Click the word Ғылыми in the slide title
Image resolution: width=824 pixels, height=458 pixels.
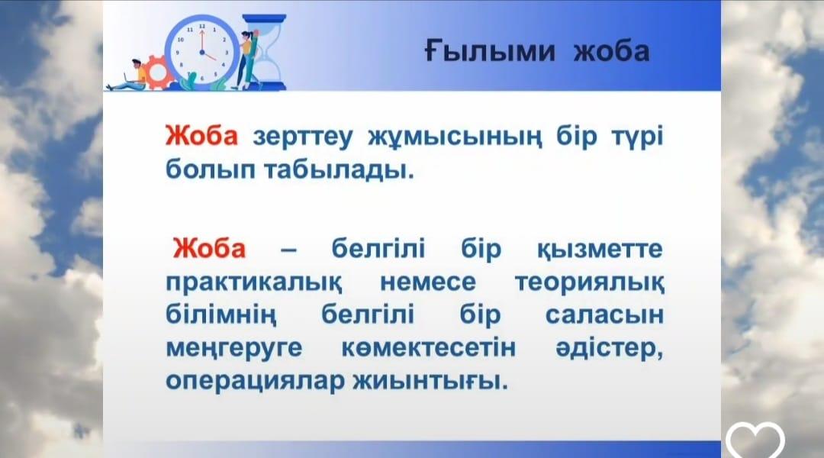(x=489, y=52)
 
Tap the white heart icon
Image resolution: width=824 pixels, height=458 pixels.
(x=755, y=440)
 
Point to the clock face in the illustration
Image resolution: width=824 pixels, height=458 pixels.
(x=201, y=52)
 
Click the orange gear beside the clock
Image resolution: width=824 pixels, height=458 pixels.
(x=157, y=72)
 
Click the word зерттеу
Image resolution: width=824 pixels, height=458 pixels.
(x=303, y=137)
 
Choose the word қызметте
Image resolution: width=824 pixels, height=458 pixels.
(x=599, y=250)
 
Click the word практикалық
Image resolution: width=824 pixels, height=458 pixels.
(x=254, y=283)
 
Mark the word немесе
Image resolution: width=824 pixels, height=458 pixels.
(x=427, y=283)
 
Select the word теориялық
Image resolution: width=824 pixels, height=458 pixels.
(x=589, y=283)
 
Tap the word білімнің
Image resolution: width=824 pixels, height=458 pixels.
(x=220, y=315)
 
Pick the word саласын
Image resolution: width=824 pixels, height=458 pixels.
(x=604, y=315)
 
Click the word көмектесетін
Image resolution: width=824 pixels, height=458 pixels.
(x=428, y=348)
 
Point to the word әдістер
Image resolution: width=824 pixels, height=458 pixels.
(x=609, y=348)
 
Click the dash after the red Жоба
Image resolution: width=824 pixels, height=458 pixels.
(x=288, y=251)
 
